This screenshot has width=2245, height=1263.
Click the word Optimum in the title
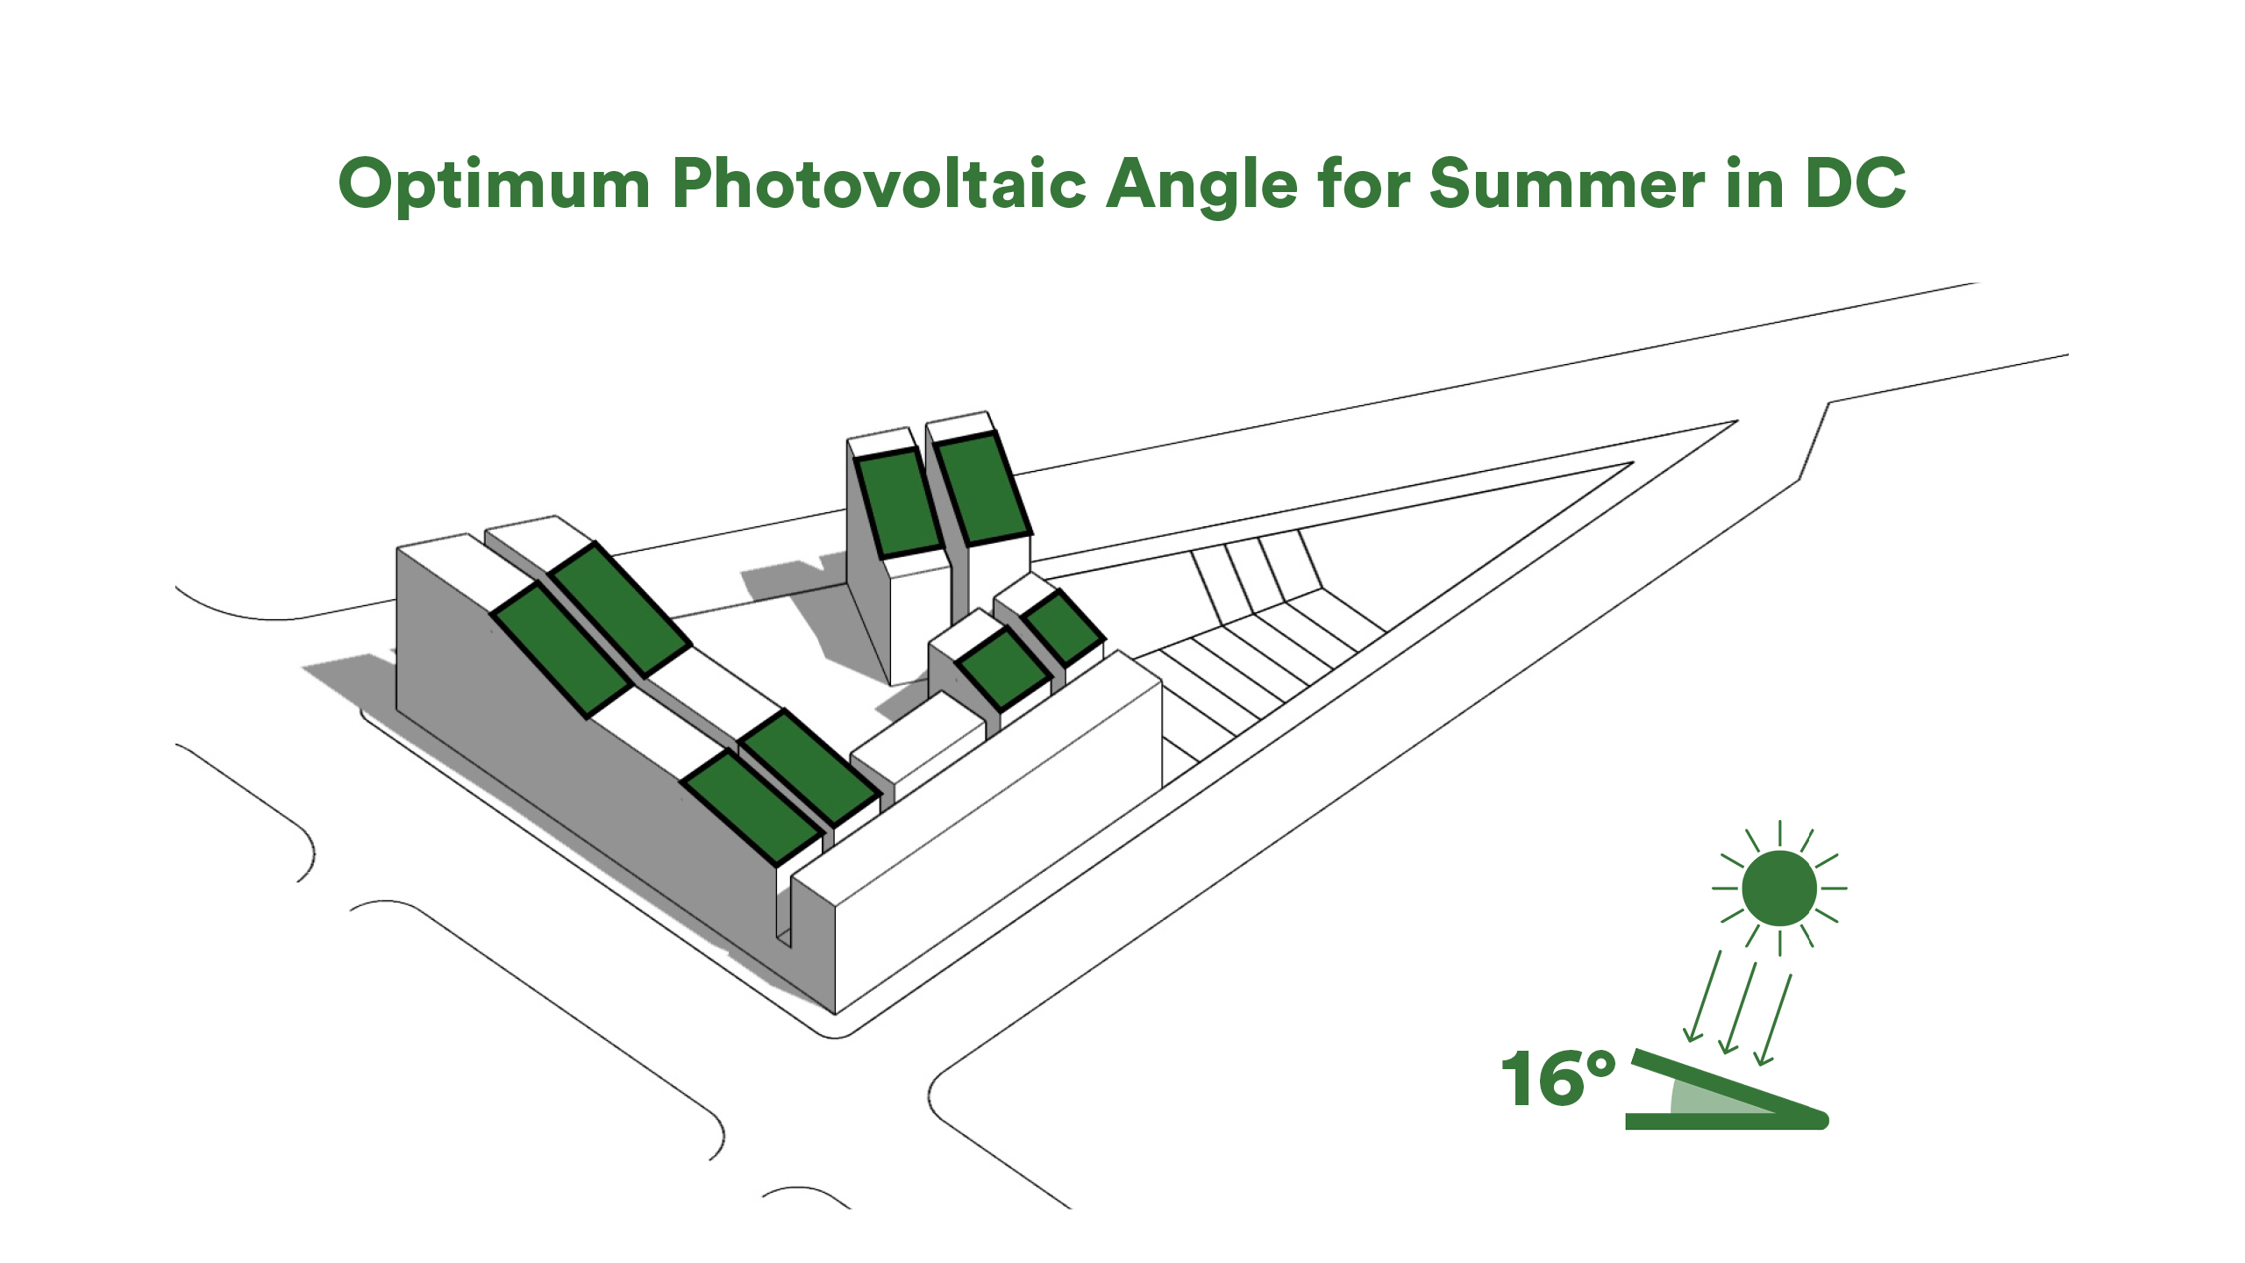pyautogui.click(x=494, y=185)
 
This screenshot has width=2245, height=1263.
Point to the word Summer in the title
pyautogui.click(x=1567, y=183)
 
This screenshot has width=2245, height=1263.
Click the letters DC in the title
pyautogui.click(x=1855, y=183)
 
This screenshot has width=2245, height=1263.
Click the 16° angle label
pyautogui.click(x=1558, y=1079)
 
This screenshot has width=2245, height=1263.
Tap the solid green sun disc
pyautogui.click(x=1779, y=888)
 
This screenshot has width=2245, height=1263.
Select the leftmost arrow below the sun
pyautogui.click(x=1703, y=996)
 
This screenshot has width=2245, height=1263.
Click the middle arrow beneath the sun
pyautogui.click(x=1737, y=1008)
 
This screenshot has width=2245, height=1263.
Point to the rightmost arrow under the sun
pyautogui.click(x=1772, y=1019)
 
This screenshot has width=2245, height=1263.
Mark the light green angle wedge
pyautogui.click(x=1710, y=1098)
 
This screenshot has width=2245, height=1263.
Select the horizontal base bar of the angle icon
pyautogui.click(x=1724, y=1121)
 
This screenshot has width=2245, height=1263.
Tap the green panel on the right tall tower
pyautogui.click(x=980, y=489)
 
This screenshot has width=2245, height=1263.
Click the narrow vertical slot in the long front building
pyautogui.click(x=785, y=903)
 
